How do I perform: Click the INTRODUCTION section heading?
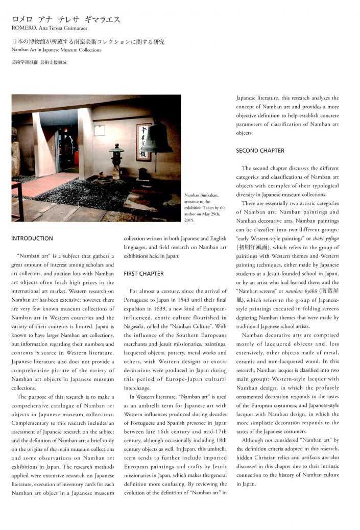(x=32, y=238)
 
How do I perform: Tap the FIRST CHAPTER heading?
(x=143, y=274)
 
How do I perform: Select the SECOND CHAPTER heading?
(x=260, y=151)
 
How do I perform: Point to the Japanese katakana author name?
(x=66, y=20)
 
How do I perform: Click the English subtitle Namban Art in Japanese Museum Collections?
(x=56, y=50)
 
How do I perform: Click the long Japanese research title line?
(x=88, y=42)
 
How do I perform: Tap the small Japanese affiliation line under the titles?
(x=39, y=62)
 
